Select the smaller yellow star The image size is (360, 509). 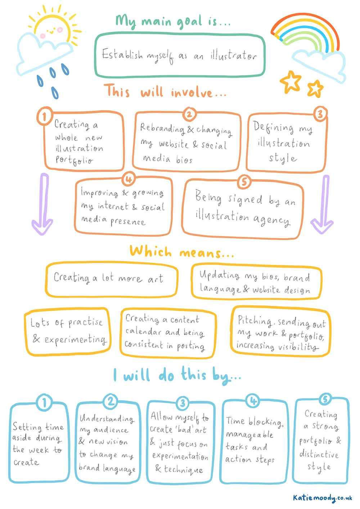click(315, 88)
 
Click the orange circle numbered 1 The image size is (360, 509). click(45, 116)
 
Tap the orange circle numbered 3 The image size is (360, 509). click(320, 114)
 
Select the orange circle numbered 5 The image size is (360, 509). click(244, 182)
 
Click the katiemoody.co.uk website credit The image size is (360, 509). click(322, 498)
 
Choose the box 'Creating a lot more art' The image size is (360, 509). click(112, 279)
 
